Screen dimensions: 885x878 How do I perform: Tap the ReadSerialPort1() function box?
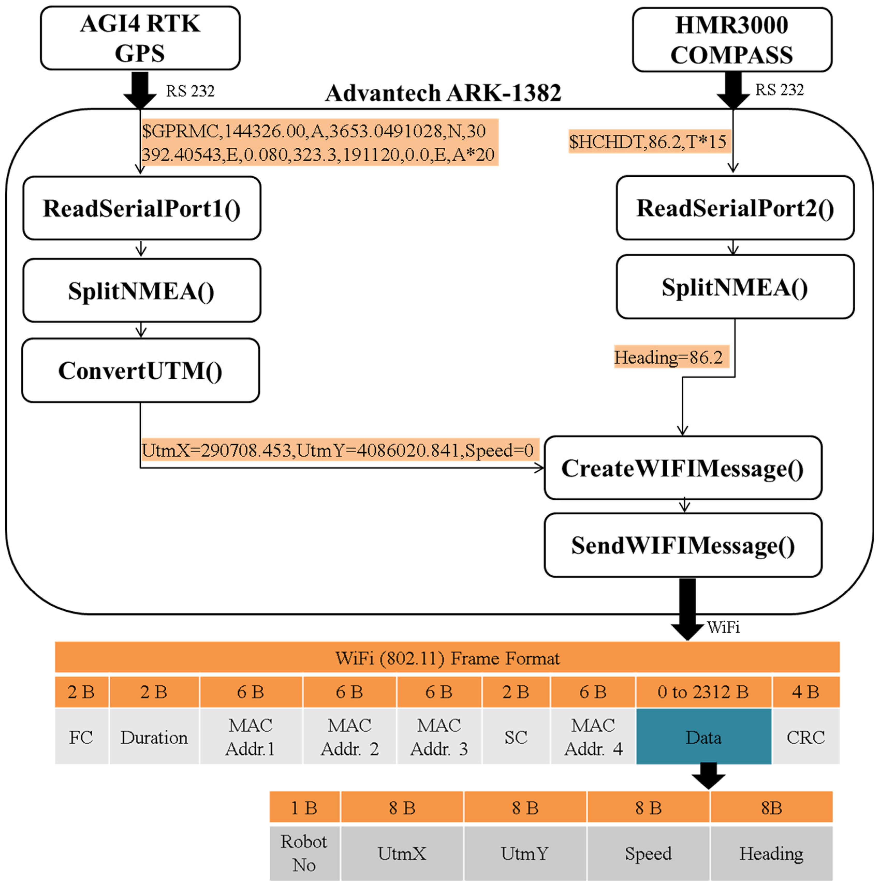[142, 208]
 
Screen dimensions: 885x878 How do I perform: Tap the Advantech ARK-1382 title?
[443, 93]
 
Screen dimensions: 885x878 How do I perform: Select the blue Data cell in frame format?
[703, 738]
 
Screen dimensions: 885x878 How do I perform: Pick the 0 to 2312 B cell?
[703, 692]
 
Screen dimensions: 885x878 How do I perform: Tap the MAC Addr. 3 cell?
[439, 738]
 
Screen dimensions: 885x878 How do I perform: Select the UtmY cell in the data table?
[525, 853]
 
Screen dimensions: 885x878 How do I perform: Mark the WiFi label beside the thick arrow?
[723, 627]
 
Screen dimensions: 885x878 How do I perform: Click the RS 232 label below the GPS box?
[190, 91]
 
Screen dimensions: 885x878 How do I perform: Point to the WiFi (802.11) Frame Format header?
[447, 658]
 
